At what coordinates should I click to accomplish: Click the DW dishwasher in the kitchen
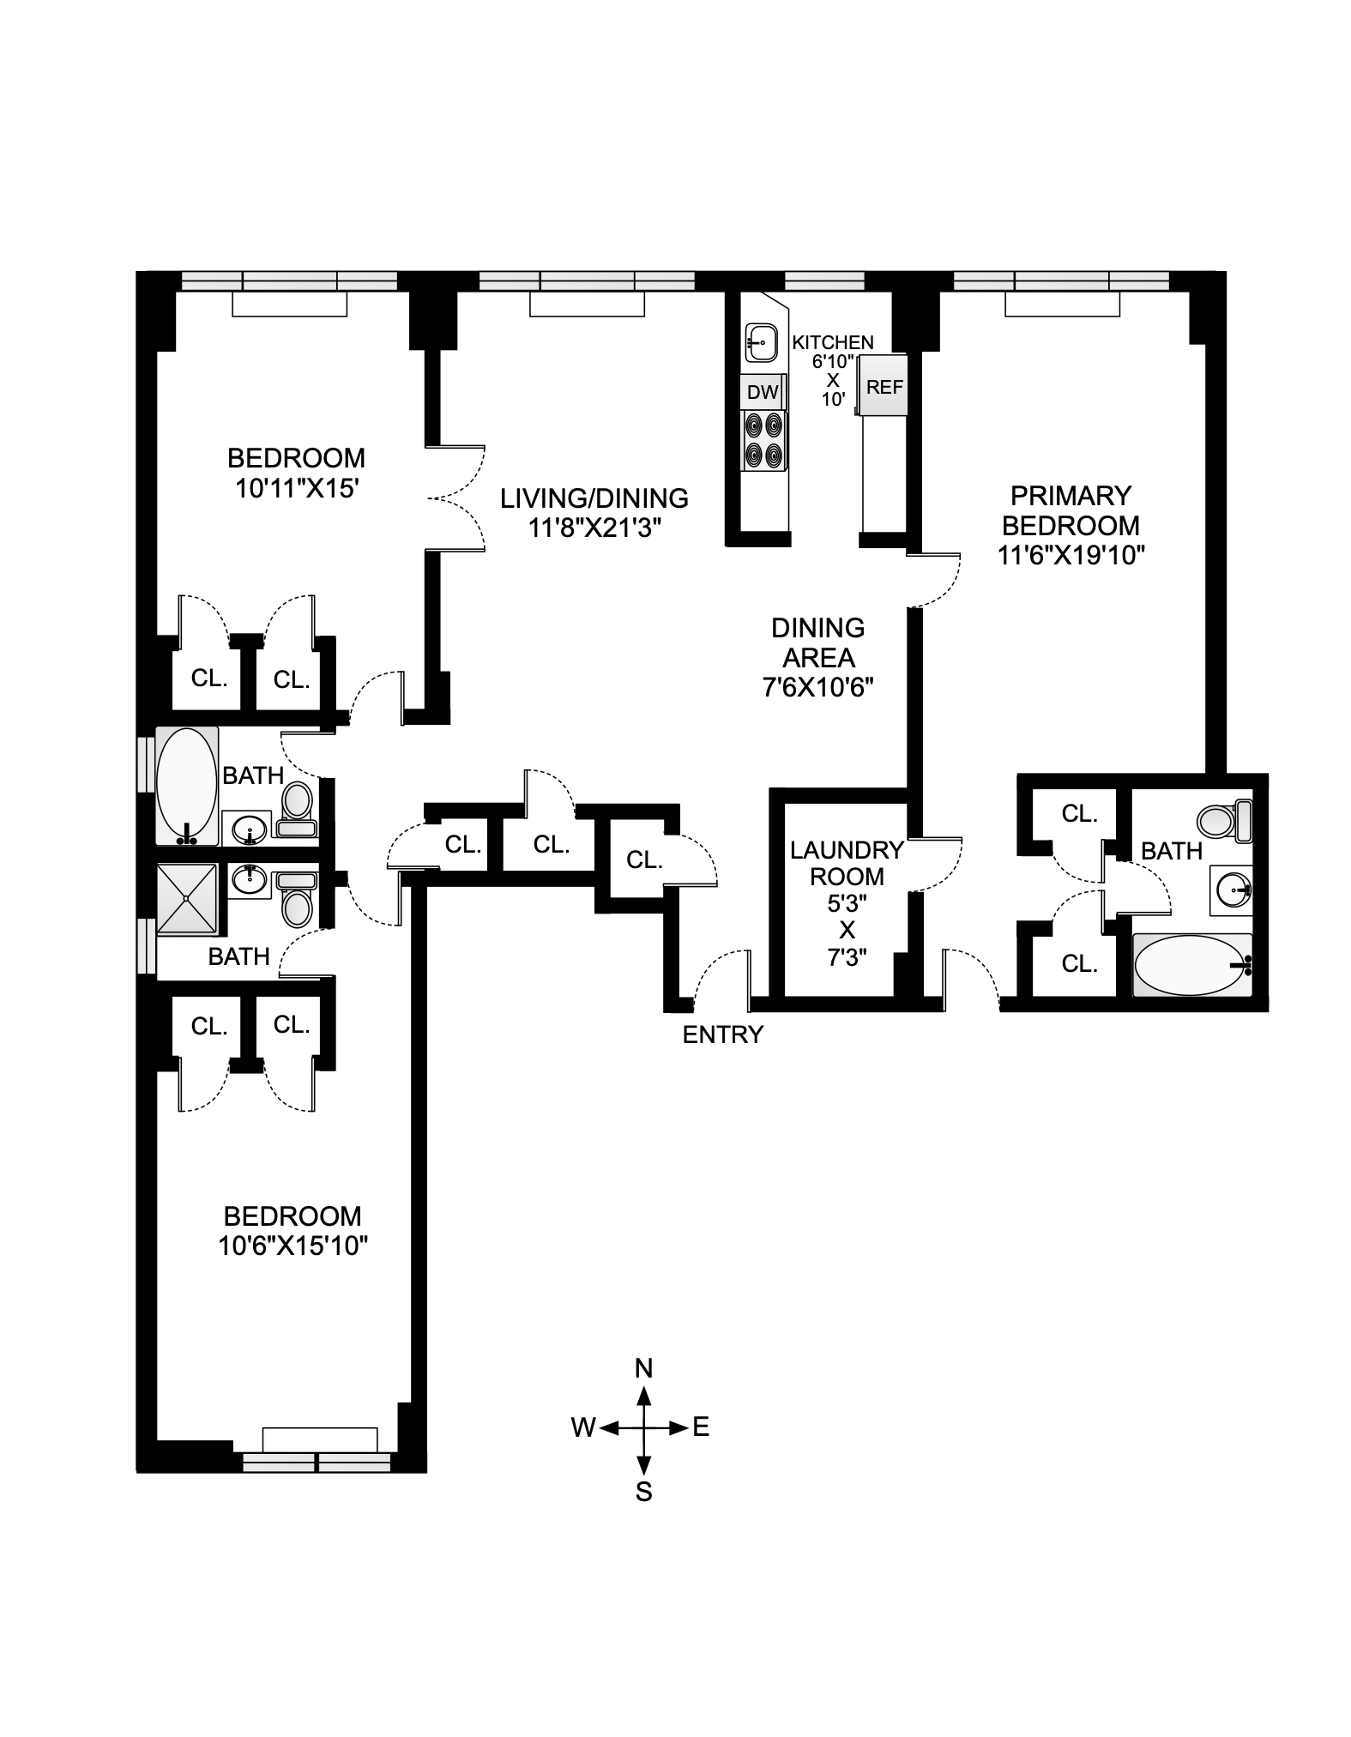(763, 392)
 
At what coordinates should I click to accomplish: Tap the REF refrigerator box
(884, 386)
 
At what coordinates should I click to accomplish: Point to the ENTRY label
(722, 1034)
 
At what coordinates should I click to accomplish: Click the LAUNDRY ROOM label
(847, 863)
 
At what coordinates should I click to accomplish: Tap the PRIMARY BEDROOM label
(1071, 510)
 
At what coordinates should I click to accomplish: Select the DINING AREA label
(817, 642)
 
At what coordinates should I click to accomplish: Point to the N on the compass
(644, 1392)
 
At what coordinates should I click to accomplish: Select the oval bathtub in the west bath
(187, 785)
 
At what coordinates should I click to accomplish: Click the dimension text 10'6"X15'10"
(293, 1245)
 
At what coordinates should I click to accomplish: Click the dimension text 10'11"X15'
(296, 488)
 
